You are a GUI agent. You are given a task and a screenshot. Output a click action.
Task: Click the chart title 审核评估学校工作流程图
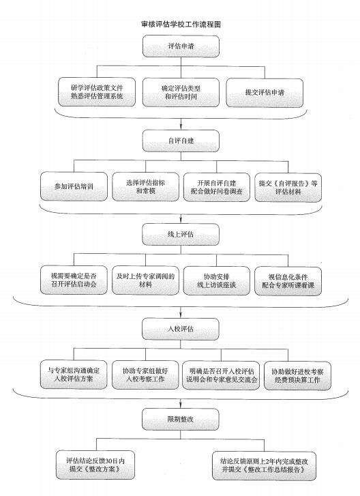click(x=181, y=25)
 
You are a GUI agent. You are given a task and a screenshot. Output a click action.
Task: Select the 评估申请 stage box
click(x=181, y=46)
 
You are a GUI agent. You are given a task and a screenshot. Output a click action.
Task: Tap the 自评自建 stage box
click(x=181, y=141)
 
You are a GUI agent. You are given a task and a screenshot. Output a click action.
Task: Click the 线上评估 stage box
click(x=181, y=235)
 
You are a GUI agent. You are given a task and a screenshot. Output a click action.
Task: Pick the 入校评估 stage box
click(x=181, y=329)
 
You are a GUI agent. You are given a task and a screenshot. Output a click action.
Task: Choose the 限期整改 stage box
click(x=181, y=420)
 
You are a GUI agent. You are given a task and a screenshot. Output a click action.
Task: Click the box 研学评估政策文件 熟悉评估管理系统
click(x=97, y=92)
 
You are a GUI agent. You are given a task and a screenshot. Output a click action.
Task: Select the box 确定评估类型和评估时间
click(x=181, y=92)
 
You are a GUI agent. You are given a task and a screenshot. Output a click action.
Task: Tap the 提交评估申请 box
click(x=265, y=92)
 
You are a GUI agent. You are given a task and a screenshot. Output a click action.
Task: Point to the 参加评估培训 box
click(x=74, y=186)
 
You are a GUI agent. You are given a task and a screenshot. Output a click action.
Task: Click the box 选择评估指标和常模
click(x=145, y=187)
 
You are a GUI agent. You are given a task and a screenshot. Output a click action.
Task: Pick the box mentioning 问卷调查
click(x=217, y=187)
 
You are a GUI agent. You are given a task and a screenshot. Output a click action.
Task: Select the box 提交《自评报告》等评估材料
click(x=288, y=187)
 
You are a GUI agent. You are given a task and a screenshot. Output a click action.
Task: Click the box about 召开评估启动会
click(x=74, y=280)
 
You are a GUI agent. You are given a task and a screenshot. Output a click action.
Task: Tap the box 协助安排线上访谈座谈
click(x=217, y=281)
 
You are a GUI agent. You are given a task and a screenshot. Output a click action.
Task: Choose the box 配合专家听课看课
click(x=288, y=281)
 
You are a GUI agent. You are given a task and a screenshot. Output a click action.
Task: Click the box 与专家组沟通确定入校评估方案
click(x=74, y=375)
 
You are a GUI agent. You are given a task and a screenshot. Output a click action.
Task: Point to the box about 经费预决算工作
click(x=297, y=376)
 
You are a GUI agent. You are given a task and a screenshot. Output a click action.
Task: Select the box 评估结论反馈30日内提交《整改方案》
click(x=95, y=465)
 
